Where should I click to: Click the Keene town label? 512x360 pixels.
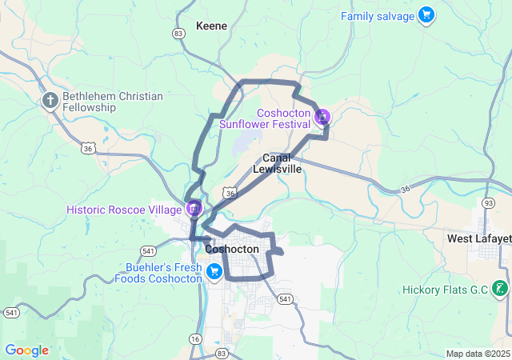click(212, 26)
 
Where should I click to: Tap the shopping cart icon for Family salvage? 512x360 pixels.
click(426, 15)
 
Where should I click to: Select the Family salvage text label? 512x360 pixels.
click(378, 16)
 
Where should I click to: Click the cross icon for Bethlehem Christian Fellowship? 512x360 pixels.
click(50, 101)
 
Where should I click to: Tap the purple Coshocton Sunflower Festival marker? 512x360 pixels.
click(322, 118)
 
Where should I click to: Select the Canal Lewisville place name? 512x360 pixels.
click(278, 163)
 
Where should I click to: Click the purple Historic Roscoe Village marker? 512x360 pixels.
click(194, 210)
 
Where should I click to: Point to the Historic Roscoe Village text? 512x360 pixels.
click(124, 210)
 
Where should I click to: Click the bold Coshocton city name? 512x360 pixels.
click(232, 249)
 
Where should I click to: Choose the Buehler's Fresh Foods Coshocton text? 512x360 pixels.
click(158, 273)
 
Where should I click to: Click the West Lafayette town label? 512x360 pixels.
click(478, 238)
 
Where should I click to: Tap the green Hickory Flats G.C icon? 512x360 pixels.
click(500, 288)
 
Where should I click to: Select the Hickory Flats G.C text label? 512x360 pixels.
click(445, 289)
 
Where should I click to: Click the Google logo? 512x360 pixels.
click(26, 350)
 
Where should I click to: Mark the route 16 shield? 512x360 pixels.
click(195, 339)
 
